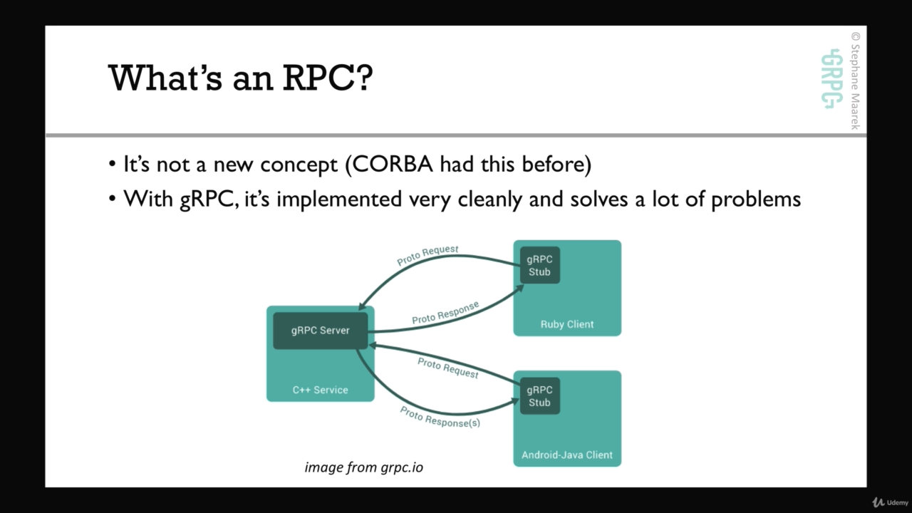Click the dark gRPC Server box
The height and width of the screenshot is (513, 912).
pos(320,331)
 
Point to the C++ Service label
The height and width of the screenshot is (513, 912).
pos(320,390)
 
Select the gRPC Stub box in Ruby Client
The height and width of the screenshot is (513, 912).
pos(539,265)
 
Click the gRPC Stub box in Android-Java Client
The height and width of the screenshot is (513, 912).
pos(539,396)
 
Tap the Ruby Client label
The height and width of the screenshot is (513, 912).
pos(566,324)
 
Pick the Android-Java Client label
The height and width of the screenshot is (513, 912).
pos(566,455)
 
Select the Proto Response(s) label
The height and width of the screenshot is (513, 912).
pos(440,417)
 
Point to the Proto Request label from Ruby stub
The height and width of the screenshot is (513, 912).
pos(427,255)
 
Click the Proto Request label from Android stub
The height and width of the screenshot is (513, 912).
pos(448,368)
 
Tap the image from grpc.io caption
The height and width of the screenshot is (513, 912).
pos(363,468)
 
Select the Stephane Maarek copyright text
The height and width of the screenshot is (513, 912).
pos(855,81)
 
